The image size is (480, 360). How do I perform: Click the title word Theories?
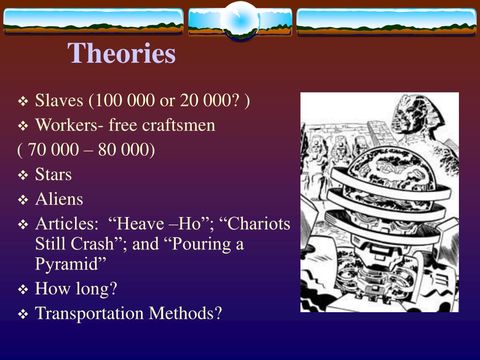(x=122, y=53)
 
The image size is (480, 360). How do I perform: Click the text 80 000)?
(x=127, y=150)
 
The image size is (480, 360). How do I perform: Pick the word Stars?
(x=53, y=175)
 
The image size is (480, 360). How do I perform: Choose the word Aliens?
(x=59, y=199)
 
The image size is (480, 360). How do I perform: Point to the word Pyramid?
(x=69, y=264)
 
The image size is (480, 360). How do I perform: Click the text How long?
(x=76, y=289)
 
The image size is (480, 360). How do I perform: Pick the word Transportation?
(x=90, y=313)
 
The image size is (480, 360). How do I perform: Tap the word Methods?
(x=185, y=313)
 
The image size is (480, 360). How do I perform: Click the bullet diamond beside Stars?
(x=23, y=176)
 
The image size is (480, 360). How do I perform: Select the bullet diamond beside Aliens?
(x=23, y=200)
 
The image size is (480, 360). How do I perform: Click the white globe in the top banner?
(x=240, y=20)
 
